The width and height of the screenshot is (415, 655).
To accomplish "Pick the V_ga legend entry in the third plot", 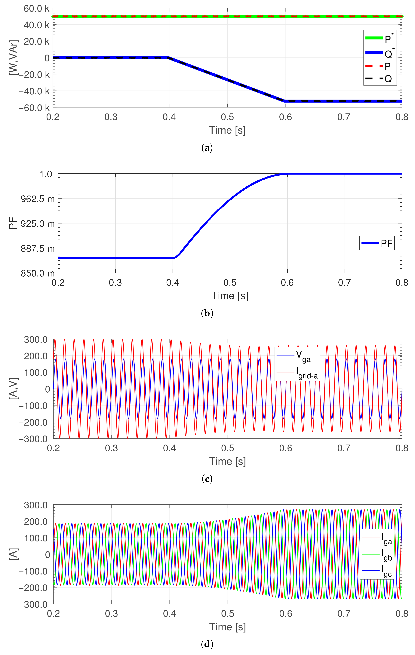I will (x=297, y=356).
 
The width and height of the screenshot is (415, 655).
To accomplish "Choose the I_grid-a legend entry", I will (x=297, y=372).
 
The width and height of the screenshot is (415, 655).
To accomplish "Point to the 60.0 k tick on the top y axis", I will (x=36, y=9).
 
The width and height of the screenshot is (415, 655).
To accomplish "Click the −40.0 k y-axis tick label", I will (x=34, y=91).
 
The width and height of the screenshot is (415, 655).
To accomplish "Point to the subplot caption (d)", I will (x=207, y=644).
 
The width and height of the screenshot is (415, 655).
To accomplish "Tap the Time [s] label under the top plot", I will (x=227, y=130).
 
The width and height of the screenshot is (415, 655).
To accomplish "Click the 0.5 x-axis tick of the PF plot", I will (x=230, y=283).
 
